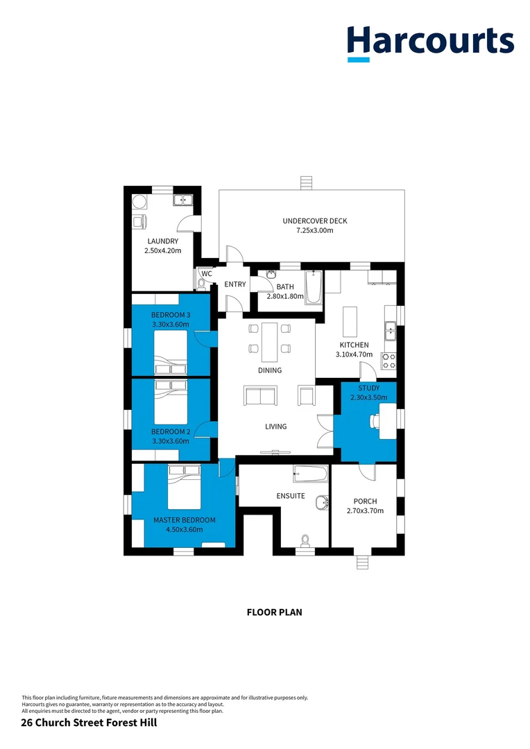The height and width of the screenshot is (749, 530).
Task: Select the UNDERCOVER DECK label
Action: [314, 221]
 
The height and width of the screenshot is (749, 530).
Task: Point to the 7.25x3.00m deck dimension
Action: [314, 231]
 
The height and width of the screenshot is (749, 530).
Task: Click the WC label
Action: [206, 274]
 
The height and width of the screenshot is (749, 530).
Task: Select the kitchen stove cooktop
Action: [388, 361]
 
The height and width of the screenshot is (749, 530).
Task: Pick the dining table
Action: [269, 342]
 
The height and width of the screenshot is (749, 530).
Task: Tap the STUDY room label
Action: [368, 388]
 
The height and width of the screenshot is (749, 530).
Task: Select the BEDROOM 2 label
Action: [171, 431]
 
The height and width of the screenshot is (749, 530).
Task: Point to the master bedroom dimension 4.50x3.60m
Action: [184, 529]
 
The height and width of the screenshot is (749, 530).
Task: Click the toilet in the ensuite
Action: [305, 540]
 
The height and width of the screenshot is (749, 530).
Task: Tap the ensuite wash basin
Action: [320, 501]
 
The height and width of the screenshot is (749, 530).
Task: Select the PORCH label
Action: [365, 501]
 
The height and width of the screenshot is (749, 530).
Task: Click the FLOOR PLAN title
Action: [274, 612]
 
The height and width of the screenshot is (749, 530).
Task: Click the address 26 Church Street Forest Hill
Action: [89, 723]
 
